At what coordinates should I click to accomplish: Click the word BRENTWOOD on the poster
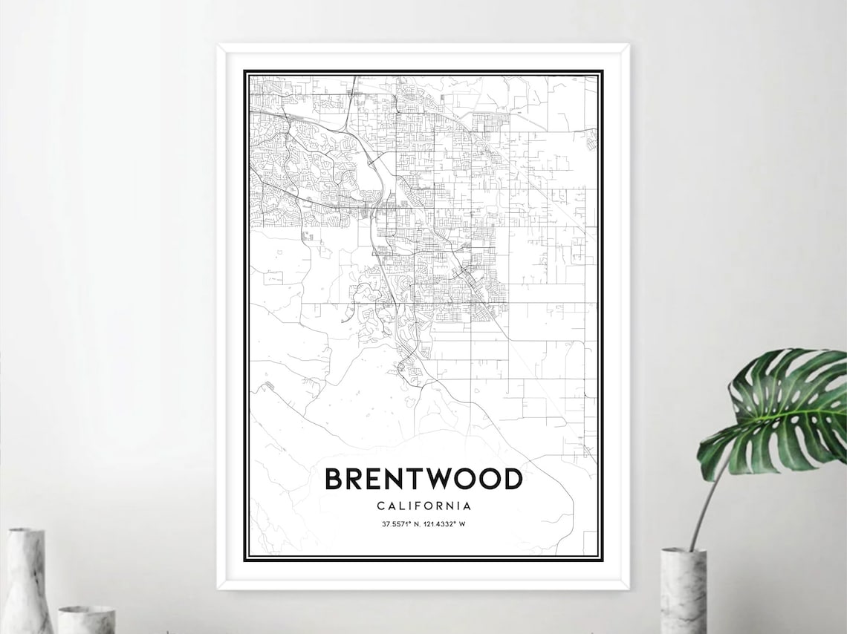tap(423, 480)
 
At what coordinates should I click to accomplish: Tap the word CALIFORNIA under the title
tap(423, 506)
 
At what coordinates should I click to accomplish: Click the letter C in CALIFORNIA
tap(381, 506)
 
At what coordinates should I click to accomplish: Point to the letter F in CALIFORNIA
tap(416, 506)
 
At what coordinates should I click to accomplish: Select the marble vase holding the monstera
tap(683, 590)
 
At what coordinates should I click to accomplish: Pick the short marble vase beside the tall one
tap(86, 619)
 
